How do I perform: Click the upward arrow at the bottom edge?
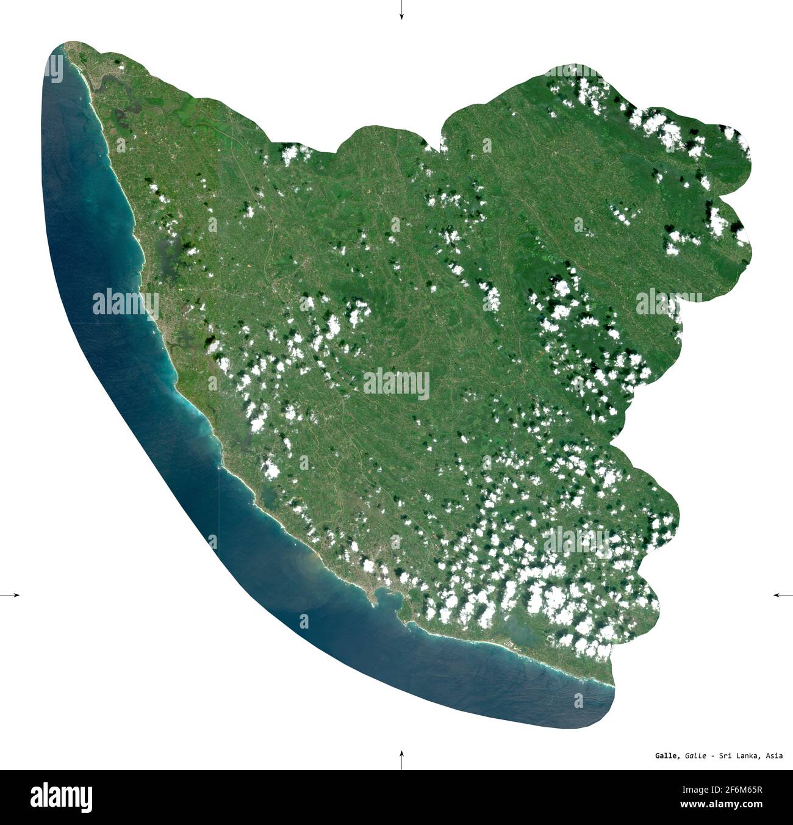(401, 759)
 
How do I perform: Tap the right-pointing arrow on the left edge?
(10, 594)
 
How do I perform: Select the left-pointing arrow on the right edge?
(782, 594)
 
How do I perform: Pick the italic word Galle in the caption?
(696, 756)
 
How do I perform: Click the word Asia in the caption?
(774, 756)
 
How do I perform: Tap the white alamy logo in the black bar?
(62, 797)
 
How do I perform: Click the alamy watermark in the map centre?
(396, 384)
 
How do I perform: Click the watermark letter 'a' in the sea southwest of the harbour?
(304, 621)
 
